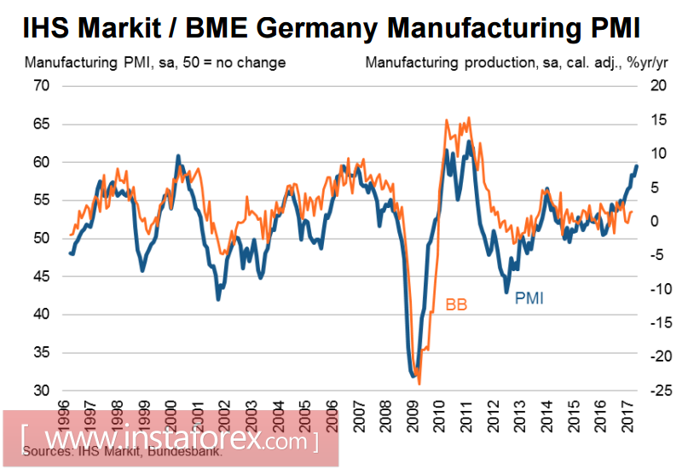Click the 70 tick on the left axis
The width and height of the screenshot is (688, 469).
click(42, 86)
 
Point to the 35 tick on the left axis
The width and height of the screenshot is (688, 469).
click(42, 353)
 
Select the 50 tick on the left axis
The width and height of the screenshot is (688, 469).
click(42, 239)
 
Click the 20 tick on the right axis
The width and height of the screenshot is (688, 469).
click(656, 86)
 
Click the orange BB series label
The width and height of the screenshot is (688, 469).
click(456, 304)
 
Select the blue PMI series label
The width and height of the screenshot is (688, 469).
click(529, 298)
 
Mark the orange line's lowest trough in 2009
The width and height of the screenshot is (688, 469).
click(419, 384)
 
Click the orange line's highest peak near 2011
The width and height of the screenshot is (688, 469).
click(469, 119)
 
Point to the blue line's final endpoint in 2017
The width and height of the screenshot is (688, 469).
click(636, 165)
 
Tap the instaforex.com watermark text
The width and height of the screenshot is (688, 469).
click(171, 441)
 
